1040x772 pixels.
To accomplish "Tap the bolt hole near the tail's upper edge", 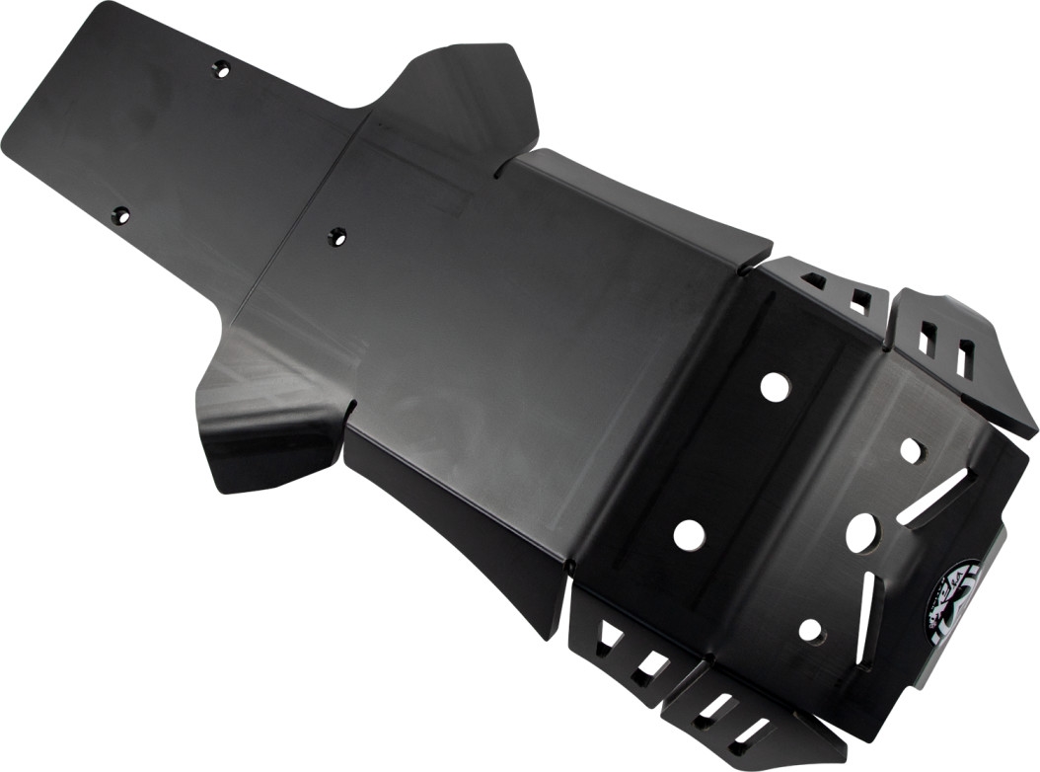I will [x=221, y=69].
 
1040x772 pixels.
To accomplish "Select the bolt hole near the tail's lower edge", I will [x=120, y=215].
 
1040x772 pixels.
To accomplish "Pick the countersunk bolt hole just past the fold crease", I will [x=337, y=237].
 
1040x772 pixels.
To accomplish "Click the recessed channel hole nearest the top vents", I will [x=775, y=387].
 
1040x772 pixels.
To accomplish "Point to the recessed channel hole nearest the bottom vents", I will [x=689, y=534].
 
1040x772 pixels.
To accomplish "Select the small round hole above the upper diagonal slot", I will [x=911, y=450].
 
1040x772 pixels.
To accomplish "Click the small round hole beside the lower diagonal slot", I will [x=811, y=629].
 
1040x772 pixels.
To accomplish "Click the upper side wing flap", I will [x=464, y=99].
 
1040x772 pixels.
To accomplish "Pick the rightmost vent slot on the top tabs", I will [x=965, y=357].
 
